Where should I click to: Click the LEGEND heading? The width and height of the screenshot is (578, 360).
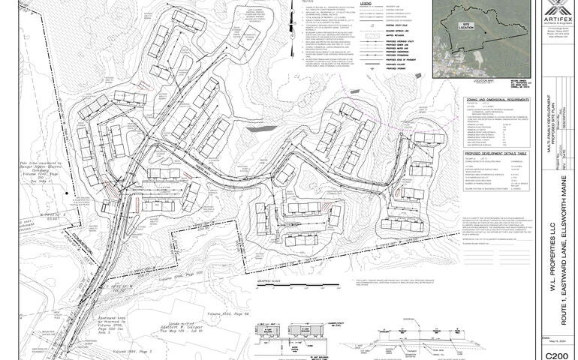[x=366, y=4]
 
